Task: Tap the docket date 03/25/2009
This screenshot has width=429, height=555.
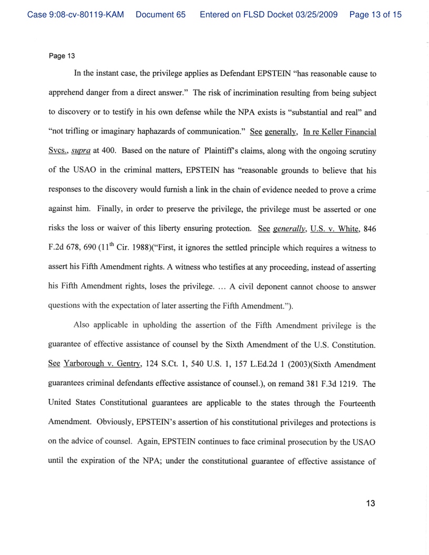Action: (x=316, y=15)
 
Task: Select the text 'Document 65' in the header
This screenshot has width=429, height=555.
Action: (x=160, y=15)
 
